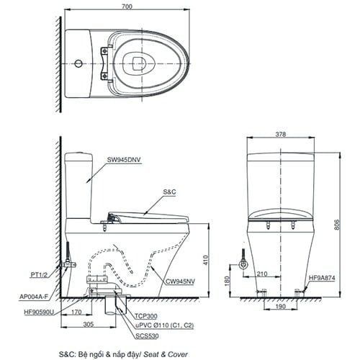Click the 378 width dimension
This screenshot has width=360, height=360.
[x=282, y=135]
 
